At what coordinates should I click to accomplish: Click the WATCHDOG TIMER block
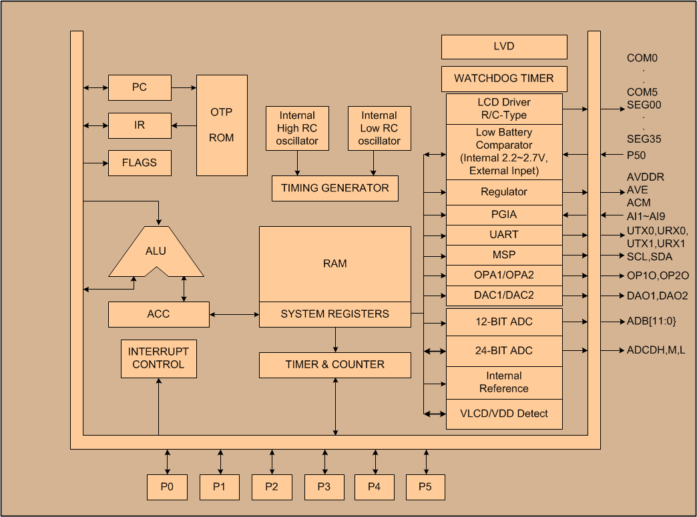coord(504,79)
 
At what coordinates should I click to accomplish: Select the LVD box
coord(504,47)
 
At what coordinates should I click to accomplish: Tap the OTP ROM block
coord(222,125)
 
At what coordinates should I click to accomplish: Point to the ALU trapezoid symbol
coord(156,251)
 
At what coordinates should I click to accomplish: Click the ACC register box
coord(158,314)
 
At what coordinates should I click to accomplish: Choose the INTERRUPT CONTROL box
coord(158,358)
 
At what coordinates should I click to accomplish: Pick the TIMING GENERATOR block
coord(334,188)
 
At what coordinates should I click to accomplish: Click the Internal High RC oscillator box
coord(297,128)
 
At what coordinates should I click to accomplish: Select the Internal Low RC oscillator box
coord(379,128)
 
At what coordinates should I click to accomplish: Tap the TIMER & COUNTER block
coord(334,365)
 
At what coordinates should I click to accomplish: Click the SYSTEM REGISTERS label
coord(334,314)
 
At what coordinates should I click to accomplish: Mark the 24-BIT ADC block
coord(504,351)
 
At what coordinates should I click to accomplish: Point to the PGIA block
coord(504,215)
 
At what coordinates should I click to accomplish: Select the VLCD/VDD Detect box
coord(504,414)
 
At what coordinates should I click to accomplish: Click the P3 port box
coord(324,487)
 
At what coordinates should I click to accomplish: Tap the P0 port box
coord(167,487)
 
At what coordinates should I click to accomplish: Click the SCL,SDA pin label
coord(650,257)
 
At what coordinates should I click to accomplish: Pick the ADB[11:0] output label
coord(651,322)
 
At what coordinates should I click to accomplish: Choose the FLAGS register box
coord(140,163)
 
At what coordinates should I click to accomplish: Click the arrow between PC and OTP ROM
coord(184,87)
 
